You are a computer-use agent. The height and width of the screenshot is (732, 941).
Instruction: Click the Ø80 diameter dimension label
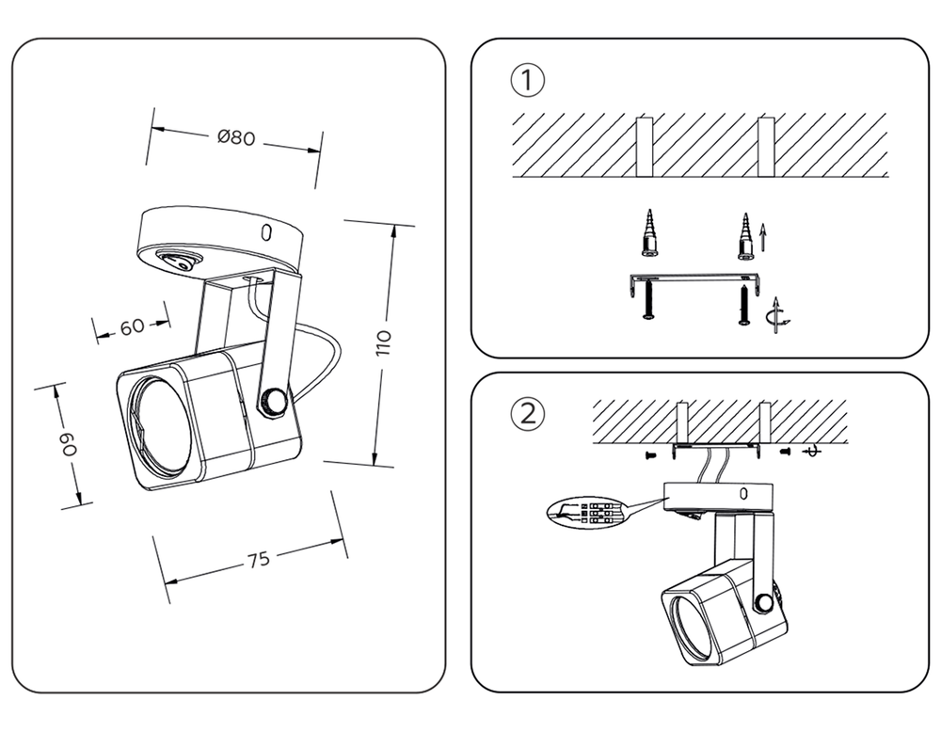point(236,137)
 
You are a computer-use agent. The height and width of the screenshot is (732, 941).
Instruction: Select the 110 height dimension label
point(384,342)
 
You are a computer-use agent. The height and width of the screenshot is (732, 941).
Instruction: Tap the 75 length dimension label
point(259,559)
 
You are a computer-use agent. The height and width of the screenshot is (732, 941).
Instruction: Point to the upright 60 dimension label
point(133,327)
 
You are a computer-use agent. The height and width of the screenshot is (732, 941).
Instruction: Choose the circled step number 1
point(528,80)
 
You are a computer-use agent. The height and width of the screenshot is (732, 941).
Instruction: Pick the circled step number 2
point(528,414)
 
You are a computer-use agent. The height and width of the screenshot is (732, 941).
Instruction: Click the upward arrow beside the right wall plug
point(763,238)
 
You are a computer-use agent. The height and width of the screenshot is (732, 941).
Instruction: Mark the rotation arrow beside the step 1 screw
point(777,315)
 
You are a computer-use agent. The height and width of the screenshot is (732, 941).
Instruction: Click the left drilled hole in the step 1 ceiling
point(645,147)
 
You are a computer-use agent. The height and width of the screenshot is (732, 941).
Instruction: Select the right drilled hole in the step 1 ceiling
point(766,147)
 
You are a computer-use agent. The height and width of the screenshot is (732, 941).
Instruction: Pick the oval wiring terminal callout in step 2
point(585,511)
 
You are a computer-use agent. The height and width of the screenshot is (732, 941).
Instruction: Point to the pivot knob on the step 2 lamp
point(765,603)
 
